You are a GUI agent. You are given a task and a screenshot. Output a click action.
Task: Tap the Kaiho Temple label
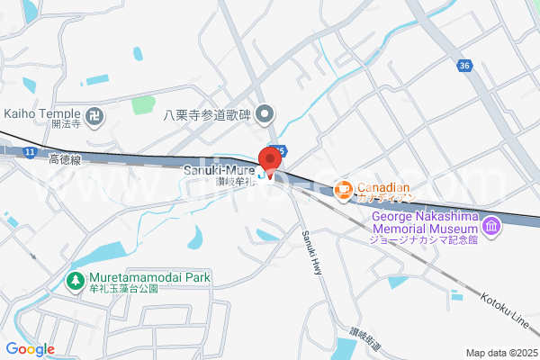42,114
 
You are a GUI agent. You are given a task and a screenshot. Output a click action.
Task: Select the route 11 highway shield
31,154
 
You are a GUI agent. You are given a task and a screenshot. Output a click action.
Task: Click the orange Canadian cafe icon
343,189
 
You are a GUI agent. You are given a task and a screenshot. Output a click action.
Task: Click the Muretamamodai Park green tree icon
76,280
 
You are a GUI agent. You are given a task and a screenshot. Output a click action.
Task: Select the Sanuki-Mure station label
219,170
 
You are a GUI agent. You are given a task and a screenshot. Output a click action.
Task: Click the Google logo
30,349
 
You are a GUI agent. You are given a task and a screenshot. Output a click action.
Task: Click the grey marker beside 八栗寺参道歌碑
265,113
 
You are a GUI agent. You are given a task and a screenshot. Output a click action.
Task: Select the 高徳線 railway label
65,159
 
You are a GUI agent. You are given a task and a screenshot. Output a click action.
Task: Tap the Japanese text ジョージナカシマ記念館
423,240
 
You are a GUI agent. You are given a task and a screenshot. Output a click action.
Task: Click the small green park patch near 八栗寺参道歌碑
143,105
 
